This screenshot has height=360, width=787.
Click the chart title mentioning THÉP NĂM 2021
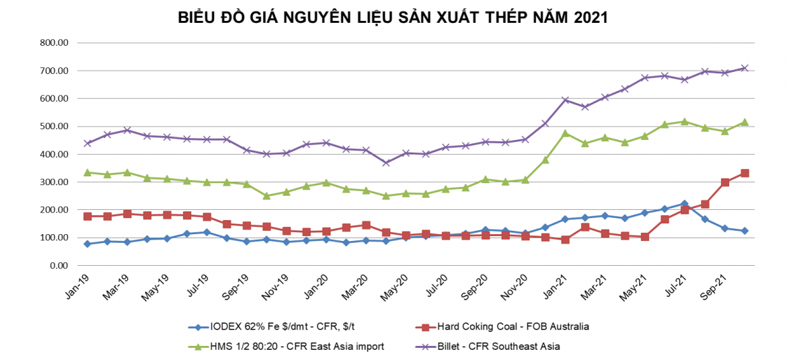pos(393,17)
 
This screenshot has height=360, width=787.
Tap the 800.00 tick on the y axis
pos(55,43)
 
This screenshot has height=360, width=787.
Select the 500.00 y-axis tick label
pos(55,127)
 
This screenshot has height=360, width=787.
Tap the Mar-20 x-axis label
pos(357,291)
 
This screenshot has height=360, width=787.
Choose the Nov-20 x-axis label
pos(516,291)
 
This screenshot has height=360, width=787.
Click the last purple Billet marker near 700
pos(745,68)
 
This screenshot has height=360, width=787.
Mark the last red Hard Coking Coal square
pos(745,174)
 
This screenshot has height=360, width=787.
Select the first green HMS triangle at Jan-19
pos(87,172)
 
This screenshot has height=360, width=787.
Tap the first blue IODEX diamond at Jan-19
pos(87,244)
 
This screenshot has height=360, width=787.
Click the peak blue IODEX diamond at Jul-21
pos(684,203)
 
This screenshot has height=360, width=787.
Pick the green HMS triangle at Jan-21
pos(565,133)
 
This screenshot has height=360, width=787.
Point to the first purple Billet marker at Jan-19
pos(87,143)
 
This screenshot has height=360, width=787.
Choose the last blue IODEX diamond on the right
pos(745,231)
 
